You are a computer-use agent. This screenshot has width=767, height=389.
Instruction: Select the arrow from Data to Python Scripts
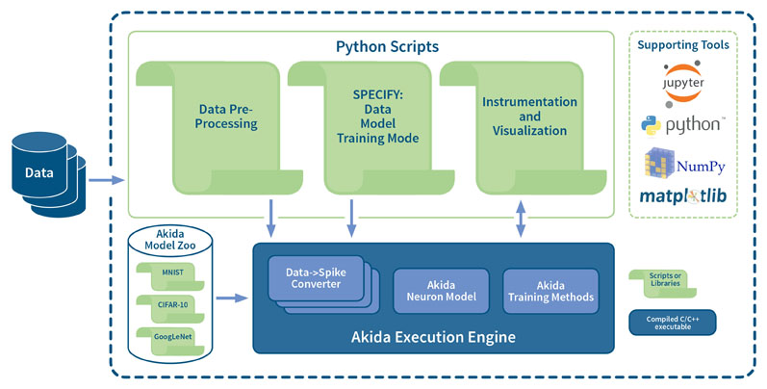107,180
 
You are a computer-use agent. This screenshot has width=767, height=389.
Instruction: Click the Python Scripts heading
387,47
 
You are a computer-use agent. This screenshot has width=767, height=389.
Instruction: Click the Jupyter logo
683,84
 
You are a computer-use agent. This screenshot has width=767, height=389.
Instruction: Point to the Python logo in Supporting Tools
683,125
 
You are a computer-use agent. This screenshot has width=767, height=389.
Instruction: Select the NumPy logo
684,164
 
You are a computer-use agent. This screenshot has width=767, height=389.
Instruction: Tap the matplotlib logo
683,196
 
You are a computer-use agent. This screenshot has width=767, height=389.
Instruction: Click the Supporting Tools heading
683,45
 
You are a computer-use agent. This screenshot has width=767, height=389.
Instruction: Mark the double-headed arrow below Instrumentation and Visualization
521,219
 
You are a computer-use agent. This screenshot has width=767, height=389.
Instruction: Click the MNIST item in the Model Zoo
170,275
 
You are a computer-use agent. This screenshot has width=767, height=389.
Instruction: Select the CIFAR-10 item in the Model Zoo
170,308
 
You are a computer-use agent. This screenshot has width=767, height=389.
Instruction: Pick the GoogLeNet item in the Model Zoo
170,341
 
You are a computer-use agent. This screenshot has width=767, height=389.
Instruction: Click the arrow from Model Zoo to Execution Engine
232,298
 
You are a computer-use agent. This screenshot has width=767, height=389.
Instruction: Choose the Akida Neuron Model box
441,291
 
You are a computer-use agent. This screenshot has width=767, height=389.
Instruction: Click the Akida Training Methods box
550,291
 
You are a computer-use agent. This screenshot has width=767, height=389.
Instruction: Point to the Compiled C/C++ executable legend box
673,323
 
